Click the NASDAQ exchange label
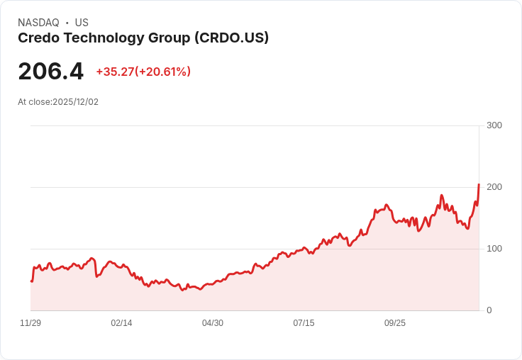[x=38, y=23]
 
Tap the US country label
[x=82, y=23]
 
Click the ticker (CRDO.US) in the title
[x=232, y=38]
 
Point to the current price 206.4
[x=50, y=72]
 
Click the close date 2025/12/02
[x=75, y=102]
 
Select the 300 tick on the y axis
[x=494, y=125]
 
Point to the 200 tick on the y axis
[x=494, y=187]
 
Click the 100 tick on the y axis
[x=494, y=249]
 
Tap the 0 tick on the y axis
[x=489, y=310]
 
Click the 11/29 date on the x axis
[x=30, y=323]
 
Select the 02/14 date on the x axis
[x=121, y=323]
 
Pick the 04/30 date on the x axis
[x=213, y=323]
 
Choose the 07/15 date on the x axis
[x=304, y=323]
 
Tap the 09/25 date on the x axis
[x=395, y=323]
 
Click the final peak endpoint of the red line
[x=479, y=185]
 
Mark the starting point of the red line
[x=31, y=281]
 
